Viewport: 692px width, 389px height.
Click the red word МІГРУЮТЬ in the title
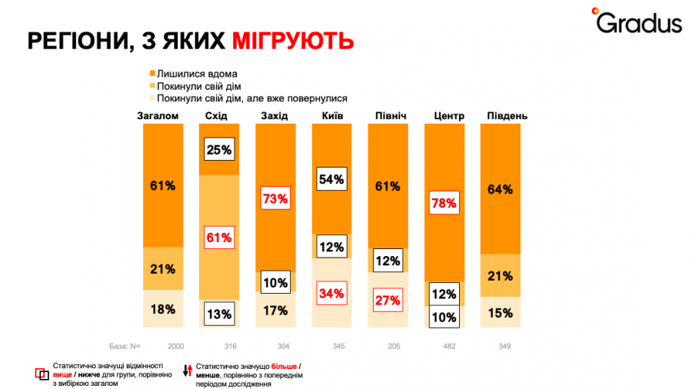click(x=293, y=41)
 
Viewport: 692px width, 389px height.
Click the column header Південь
click(x=507, y=116)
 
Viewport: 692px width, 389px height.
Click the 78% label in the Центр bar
click(x=444, y=204)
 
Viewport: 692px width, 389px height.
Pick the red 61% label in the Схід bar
click(x=219, y=238)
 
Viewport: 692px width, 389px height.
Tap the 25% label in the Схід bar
click(x=219, y=150)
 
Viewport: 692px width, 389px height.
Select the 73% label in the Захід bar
click(x=275, y=199)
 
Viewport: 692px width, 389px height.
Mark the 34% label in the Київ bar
click(x=331, y=293)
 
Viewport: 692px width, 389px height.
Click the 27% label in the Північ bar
click(x=388, y=300)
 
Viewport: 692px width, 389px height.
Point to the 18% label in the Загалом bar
click(x=163, y=310)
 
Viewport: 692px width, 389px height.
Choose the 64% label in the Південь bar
click(x=500, y=190)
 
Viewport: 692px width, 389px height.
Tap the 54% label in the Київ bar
click(x=331, y=180)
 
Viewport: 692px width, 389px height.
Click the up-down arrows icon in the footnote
click(x=186, y=371)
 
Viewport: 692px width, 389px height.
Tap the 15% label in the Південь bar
click(x=500, y=313)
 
